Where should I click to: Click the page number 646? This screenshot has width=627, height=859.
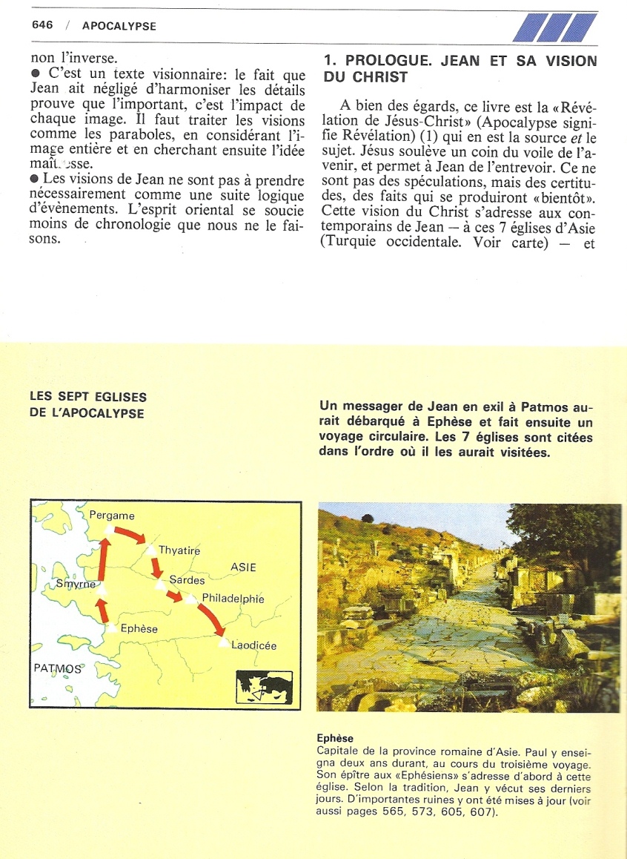pos(42,25)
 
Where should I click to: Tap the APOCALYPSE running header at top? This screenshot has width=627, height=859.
pos(119,26)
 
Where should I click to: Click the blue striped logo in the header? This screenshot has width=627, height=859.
pos(555,28)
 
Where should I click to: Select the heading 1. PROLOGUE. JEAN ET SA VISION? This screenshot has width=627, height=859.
pos(460,62)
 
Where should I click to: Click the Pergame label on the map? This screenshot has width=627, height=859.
pos(112,515)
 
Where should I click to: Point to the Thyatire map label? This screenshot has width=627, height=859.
pos(179,550)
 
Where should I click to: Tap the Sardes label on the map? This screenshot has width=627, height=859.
pos(187,580)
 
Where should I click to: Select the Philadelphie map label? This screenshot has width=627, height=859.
pos(233,599)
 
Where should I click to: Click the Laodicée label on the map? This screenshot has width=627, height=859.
pos(253,645)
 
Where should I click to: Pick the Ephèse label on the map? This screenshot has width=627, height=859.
pos(139,628)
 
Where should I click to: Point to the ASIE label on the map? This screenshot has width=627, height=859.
pos(243,567)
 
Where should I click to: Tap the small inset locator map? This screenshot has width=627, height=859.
pos(264,687)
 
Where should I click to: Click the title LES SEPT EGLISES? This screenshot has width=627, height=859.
pos(88,398)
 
